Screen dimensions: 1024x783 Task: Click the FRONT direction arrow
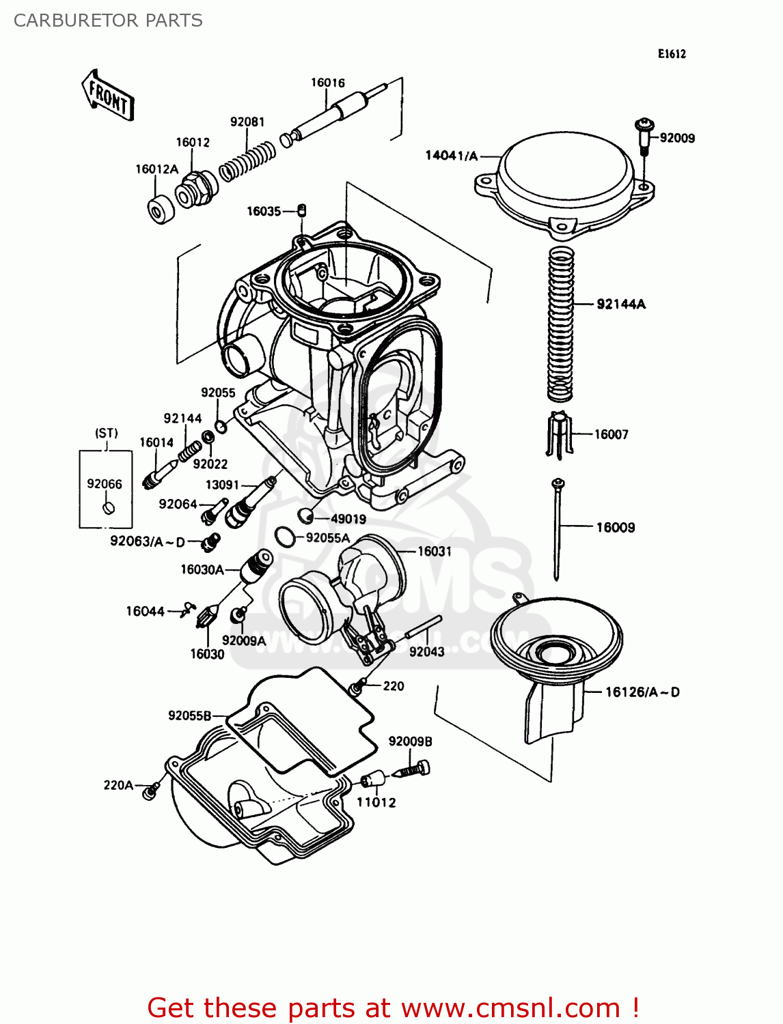[x=108, y=96]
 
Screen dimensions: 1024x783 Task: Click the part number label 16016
[x=327, y=83]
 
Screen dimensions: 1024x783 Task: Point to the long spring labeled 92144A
[x=560, y=324]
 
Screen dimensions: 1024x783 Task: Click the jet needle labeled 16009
[x=558, y=529]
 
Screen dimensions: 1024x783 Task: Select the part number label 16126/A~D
[x=642, y=692]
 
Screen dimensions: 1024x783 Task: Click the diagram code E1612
[x=672, y=54]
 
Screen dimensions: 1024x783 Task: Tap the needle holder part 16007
[x=558, y=434]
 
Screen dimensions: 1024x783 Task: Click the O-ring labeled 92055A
[x=285, y=537]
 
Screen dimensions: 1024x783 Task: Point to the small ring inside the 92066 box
[x=107, y=508]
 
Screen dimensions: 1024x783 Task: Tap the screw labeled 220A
[x=151, y=791]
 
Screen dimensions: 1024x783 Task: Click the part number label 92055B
[x=189, y=715]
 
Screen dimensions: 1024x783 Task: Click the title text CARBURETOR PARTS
[x=108, y=20]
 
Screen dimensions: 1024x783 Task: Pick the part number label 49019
[x=348, y=519]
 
